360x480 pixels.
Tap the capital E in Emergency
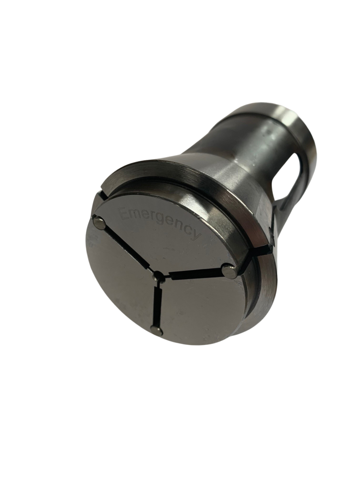pos(124,216)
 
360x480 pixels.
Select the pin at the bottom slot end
pos(157,330)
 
